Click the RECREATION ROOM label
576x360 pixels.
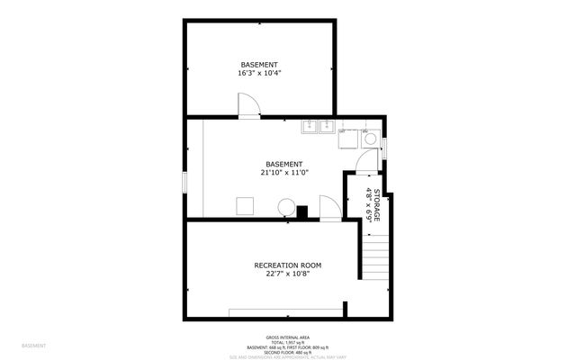tap(287, 265)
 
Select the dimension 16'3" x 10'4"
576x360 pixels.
tap(259, 75)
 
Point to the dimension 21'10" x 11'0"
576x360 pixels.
tap(284, 173)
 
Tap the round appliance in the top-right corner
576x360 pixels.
tap(369, 139)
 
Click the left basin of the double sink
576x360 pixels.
tap(310, 127)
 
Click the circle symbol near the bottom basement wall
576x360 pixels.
tap(285, 206)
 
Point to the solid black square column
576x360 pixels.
tap(303, 212)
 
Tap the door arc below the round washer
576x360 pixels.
tap(364, 163)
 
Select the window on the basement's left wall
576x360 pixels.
tap(184, 181)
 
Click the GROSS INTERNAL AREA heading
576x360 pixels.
tap(288, 338)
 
